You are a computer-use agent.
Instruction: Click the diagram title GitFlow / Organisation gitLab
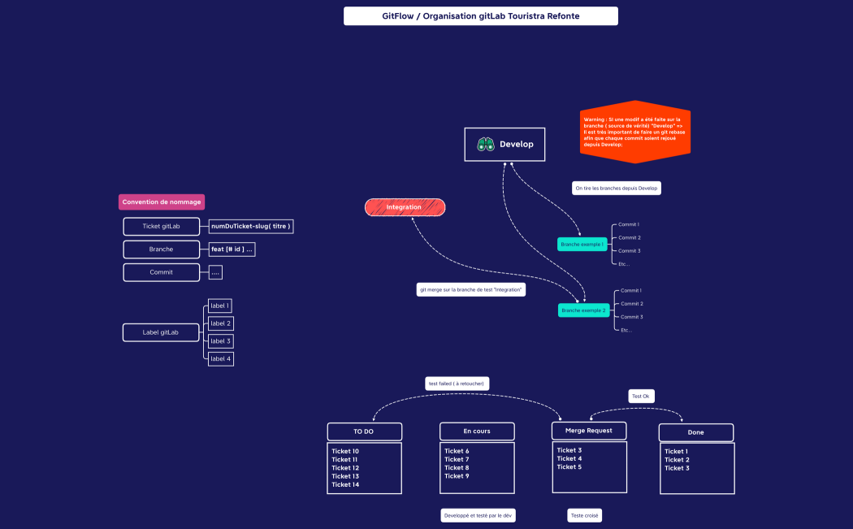pos(480,16)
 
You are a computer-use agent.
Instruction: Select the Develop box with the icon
pos(504,144)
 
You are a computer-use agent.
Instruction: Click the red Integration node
pos(405,207)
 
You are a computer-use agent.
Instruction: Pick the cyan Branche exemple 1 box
pos(582,244)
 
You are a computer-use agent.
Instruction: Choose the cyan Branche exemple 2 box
pos(582,310)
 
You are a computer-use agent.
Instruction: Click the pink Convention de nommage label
pos(161,202)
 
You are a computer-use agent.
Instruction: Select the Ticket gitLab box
pos(161,226)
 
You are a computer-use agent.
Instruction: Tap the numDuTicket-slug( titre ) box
pos(250,226)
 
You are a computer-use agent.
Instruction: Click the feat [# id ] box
pos(232,249)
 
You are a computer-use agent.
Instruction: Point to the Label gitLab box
pos(161,332)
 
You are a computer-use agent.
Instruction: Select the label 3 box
pos(220,340)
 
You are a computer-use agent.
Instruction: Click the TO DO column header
pos(364,431)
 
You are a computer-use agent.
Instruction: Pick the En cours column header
pos(477,431)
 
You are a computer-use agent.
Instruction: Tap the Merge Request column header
pos(589,429)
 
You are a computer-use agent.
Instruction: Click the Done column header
pos(695,432)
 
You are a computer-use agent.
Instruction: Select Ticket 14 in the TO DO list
pos(345,484)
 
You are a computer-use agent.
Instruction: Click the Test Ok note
pos(641,396)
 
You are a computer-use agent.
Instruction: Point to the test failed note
pos(457,384)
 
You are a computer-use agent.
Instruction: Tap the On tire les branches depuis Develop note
pos(616,188)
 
